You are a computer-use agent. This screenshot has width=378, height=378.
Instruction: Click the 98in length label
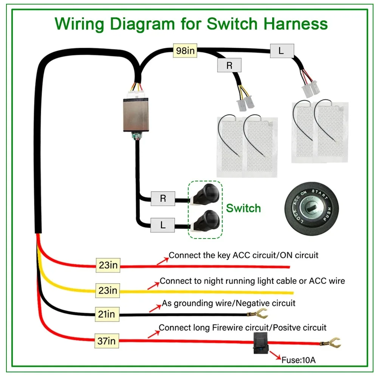click(x=185, y=51)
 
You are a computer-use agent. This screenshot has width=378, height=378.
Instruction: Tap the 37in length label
click(x=106, y=341)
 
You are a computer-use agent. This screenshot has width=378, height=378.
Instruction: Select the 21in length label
click(x=106, y=314)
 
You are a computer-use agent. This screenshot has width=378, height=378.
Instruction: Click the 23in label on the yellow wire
click(x=108, y=290)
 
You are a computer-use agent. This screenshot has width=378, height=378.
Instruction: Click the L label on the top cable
click(x=282, y=51)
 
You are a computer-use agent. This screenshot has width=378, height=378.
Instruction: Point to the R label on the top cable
click(x=229, y=65)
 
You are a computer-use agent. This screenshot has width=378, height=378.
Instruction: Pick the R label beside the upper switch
click(x=163, y=198)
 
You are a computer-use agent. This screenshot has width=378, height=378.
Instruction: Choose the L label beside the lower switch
click(x=163, y=226)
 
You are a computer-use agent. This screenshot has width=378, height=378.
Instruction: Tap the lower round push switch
click(x=206, y=221)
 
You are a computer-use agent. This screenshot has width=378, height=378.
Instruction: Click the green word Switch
click(x=243, y=208)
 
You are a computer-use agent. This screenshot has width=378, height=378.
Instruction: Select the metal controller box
click(x=136, y=114)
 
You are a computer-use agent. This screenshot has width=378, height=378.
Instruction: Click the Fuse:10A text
click(x=298, y=360)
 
